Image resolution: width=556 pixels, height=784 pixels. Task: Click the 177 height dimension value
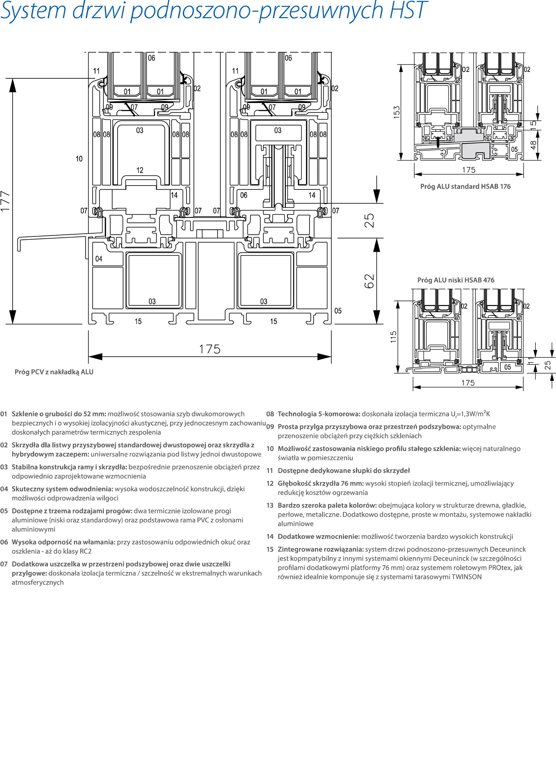[5, 201]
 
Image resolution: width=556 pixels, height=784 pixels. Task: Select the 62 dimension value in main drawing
[370, 281]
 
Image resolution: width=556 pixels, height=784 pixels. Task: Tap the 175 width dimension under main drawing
[210, 349]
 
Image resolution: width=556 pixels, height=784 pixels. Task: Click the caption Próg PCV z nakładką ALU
[54, 372]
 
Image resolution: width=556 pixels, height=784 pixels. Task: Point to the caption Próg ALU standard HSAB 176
[465, 186]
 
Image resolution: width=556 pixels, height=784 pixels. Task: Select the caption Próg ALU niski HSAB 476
[455, 280]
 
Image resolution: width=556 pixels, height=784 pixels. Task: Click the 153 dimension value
[396, 112]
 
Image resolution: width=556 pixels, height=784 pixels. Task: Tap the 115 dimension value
[393, 337]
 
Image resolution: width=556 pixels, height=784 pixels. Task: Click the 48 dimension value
[533, 145]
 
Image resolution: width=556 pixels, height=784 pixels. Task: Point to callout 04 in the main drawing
[99, 259]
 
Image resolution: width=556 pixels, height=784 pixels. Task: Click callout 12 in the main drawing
[140, 170]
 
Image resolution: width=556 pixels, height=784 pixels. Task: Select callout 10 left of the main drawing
[79, 159]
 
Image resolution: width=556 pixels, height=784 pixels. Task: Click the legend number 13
[270, 505]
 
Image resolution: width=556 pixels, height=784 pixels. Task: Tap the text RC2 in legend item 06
[85, 551]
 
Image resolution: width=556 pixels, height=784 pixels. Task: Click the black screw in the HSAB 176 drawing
[438, 142]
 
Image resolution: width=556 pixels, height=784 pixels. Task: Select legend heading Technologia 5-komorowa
[319, 414]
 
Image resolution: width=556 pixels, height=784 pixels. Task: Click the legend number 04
[4, 489]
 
